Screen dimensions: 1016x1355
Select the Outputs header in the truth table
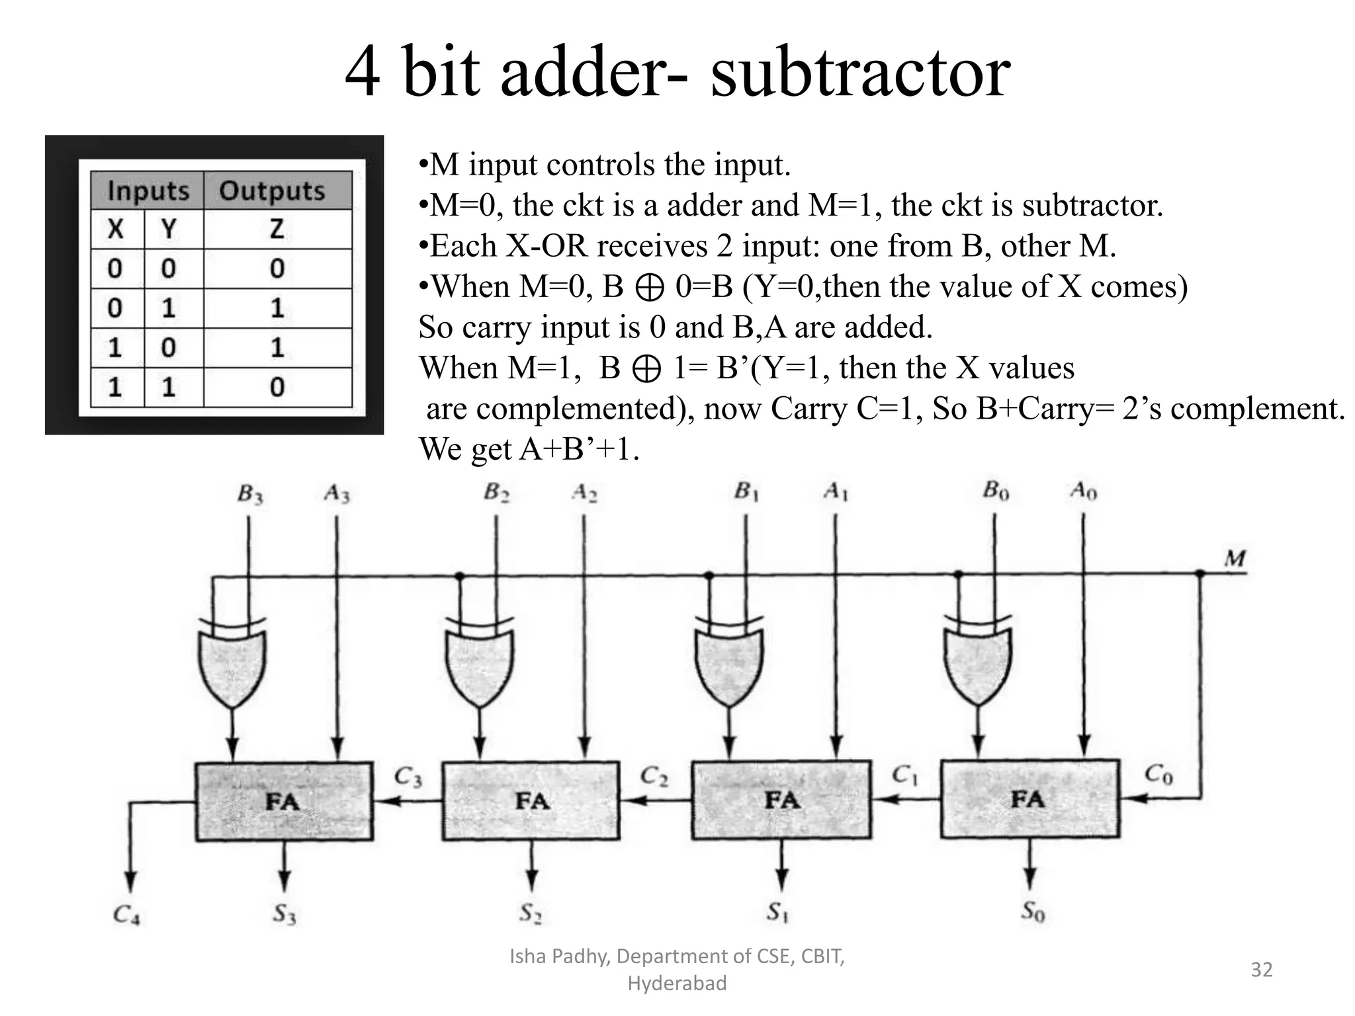click(272, 190)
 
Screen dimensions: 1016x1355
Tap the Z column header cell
click(277, 230)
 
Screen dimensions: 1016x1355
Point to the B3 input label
click(250, 494)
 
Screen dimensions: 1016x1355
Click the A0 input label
click(1083, 491)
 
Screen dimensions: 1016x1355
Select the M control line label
click(1235, 559)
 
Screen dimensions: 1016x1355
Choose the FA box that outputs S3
click(284, 801)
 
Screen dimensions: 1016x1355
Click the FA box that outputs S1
click(781, 800)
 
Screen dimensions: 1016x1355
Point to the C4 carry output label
click(126, 915)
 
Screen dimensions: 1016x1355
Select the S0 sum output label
click(1032, 912)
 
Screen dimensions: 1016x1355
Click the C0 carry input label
click(1158, 773)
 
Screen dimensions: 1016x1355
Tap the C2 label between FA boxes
click(654, 776)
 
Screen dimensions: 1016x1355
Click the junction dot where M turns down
click(1200, 574)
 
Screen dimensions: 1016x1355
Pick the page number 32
click(1261, 970)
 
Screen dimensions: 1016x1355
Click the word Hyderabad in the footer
click(677, 984)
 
